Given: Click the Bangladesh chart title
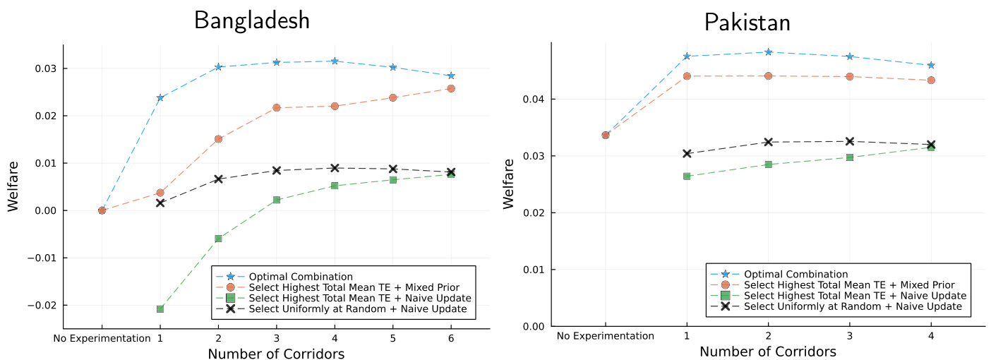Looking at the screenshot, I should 252,20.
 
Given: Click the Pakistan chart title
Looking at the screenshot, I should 747,23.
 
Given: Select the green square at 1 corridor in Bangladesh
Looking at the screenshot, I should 160,308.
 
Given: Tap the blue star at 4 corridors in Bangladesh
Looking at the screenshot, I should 335,61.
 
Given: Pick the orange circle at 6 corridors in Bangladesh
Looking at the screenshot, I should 451,88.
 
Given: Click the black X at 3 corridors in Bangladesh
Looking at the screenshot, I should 277,170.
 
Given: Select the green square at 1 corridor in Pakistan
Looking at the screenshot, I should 686,176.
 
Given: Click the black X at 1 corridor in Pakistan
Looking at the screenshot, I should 686,153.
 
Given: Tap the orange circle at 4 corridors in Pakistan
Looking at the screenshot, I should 931,80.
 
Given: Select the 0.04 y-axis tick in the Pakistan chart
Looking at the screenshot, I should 534,99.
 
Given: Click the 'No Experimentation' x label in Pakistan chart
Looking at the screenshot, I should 606,336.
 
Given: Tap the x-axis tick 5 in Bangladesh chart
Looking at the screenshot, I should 392,338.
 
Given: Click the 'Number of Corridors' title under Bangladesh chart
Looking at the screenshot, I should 276,354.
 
